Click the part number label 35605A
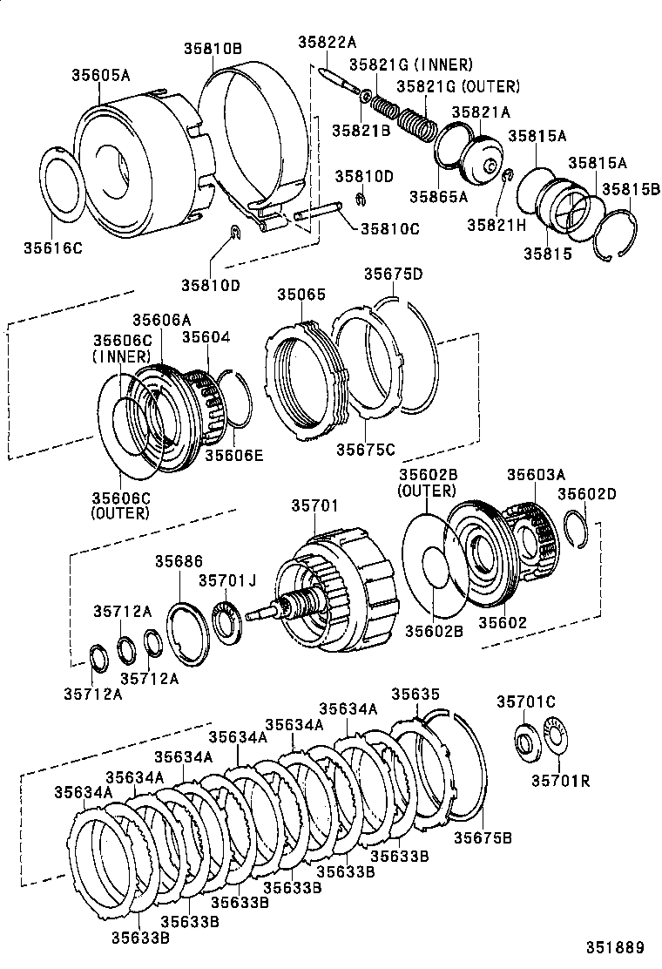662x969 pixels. (100, 76)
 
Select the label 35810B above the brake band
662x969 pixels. (213, 49)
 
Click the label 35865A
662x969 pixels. (439, 197)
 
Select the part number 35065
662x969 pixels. (301, 295)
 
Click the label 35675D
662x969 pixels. (393, 274)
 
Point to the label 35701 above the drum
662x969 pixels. (315, 506)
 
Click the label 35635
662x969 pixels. (415, 695)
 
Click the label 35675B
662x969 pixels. (482, 838)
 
